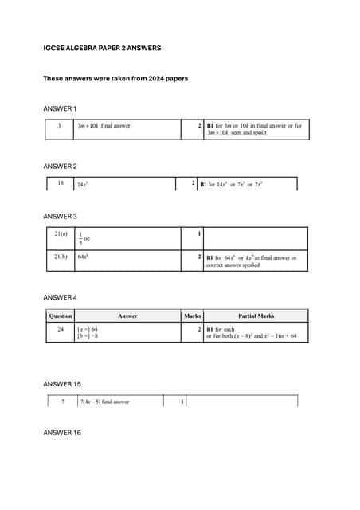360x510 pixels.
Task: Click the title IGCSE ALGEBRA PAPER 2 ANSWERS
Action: click(x=102, y=49)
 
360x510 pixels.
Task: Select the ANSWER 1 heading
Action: click(x=60, y=108)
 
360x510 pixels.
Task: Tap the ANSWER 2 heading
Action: click(x=60, y=166)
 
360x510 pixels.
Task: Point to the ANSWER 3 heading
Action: click(x=60, y=216)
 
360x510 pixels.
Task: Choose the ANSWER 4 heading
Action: click(x=60, y=297)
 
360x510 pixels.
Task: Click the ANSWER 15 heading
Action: click(x=61, y=384)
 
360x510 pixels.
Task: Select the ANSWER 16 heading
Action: click(x=61, y=433)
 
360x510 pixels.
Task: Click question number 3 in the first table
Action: click(x=59, y=125)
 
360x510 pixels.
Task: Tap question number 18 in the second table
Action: click(x=60, y=183)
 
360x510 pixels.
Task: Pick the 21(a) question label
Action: click(x=61, y=234)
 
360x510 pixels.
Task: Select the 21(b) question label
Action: click(x=61, y=257)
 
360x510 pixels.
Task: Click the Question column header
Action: click(x=61, y=316)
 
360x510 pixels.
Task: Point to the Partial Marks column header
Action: click(x=256, y=316)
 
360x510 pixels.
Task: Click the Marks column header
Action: click(x=192, y=316)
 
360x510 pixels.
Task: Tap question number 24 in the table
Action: click(x=61, y=328)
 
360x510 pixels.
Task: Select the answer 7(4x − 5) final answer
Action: click(x=104, y=402)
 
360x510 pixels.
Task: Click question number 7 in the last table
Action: click(x=62, y=402)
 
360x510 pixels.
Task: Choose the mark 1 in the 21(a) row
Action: click(x=198, y=234)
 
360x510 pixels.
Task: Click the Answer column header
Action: click(x=127, y=316)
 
